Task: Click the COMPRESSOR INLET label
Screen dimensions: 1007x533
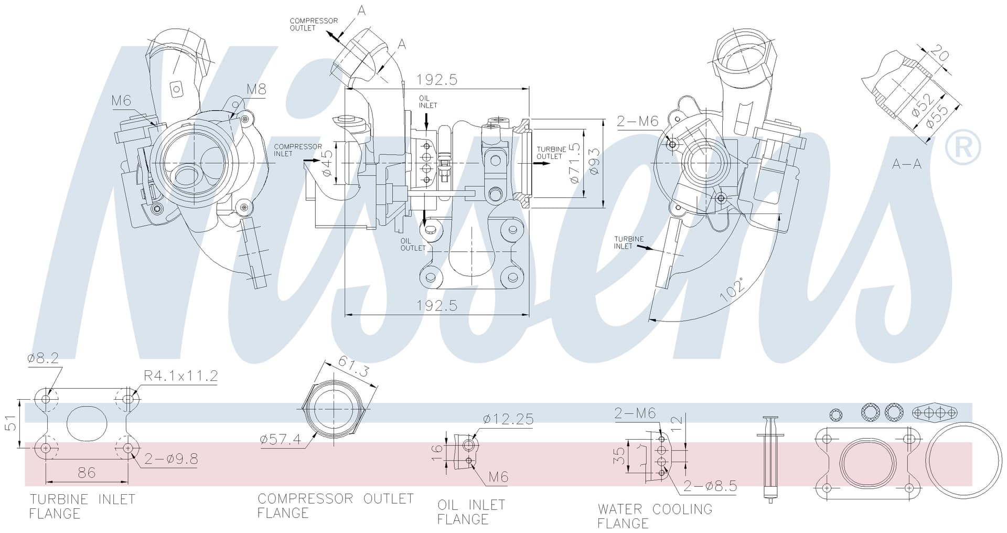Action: [298, 150]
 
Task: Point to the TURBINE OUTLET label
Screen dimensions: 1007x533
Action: [551, 153]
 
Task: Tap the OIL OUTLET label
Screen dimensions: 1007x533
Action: [413, 244]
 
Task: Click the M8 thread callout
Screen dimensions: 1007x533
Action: [256, 89]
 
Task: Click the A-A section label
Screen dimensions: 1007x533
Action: [907, 164]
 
